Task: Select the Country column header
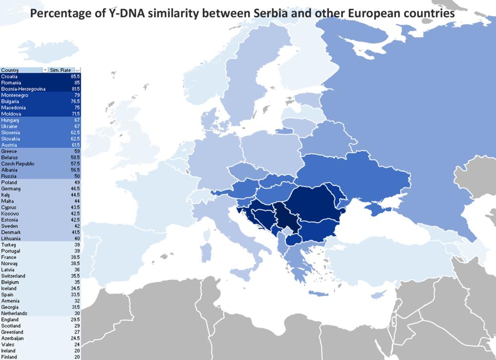[x=10, y=70]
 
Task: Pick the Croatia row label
[x=9, y=76]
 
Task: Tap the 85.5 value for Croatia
[x=75, y=76]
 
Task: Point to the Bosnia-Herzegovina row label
[x=23, y=89]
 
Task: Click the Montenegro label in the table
[x=14, y=95]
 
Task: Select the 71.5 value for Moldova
[x=75, y=114]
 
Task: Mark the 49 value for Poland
[x=77, y=182]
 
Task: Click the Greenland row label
[x=12, y=332]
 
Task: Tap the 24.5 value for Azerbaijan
[x=75, y=338]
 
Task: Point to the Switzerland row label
[x=13, y=276]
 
